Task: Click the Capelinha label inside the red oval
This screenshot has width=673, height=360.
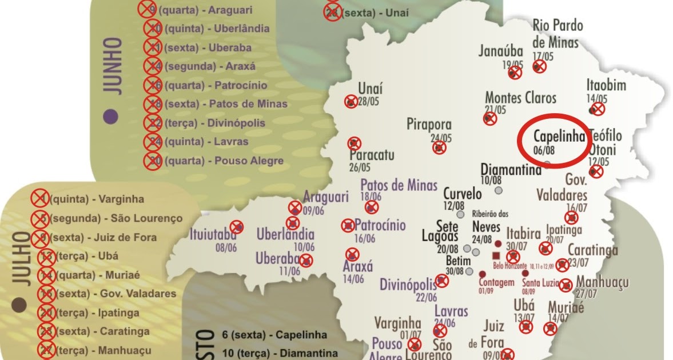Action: (x=559, y=137)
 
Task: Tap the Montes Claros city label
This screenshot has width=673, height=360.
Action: (x=520, y=98)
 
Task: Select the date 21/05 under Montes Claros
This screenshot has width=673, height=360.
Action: (x=495, y=110)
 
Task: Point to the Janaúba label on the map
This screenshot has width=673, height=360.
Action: (x=501, y=52)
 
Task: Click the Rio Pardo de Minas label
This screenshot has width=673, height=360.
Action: (x=557, y=34)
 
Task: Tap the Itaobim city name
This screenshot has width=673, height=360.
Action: (x=606, y=86)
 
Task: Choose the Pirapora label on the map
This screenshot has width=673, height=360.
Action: (x=429, y=125)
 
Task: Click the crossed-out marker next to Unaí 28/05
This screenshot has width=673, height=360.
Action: (x=351, y=102)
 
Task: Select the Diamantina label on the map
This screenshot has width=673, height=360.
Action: (x=511, y=170)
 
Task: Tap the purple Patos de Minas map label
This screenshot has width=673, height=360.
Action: (x=399, y=185)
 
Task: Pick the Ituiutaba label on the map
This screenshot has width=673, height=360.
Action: (x=213, y=234)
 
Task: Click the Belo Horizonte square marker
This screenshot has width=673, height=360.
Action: (x=496, y=255)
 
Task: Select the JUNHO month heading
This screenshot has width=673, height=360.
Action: (x=113, y=66)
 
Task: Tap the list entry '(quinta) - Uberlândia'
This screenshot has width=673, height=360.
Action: (x=217, y=28)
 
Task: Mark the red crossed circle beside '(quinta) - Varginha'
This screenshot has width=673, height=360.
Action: (x=38, y=199)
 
